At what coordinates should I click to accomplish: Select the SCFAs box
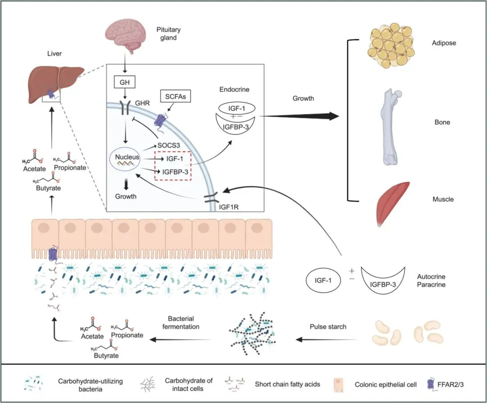tap(173, 96)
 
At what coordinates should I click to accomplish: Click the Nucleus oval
tap(126, 159)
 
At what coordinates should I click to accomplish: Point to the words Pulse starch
tap(328, 326)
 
